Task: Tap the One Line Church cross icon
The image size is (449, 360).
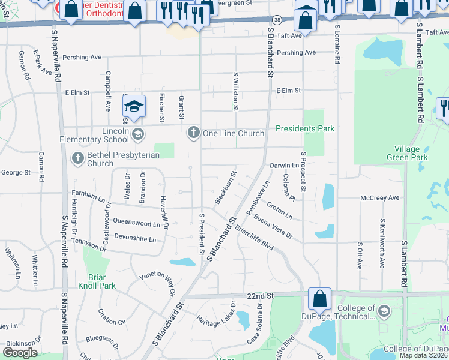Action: click(193, 133)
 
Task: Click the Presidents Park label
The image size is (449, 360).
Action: click(305, 128)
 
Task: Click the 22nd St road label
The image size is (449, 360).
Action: click(259, 296)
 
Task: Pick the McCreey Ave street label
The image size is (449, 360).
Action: click(379, 197)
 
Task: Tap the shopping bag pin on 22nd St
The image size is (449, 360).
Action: click(320, 298)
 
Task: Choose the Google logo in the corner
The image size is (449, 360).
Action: click(20, 353)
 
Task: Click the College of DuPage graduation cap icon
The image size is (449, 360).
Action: click(384, 311)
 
